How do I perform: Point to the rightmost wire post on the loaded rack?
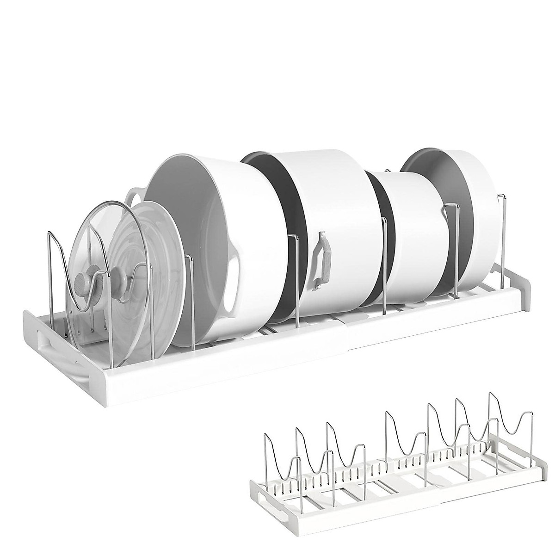pyautogui.click(x=501, y=240)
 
